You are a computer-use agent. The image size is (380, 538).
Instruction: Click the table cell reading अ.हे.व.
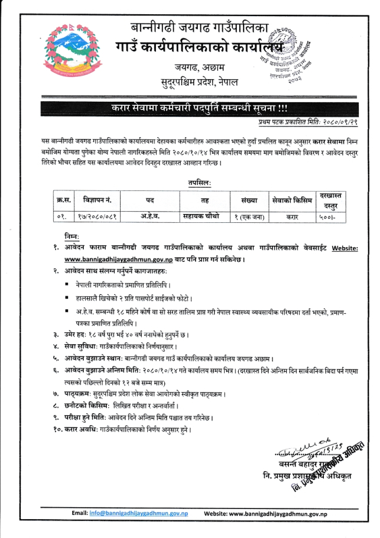(x=145, y=216)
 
